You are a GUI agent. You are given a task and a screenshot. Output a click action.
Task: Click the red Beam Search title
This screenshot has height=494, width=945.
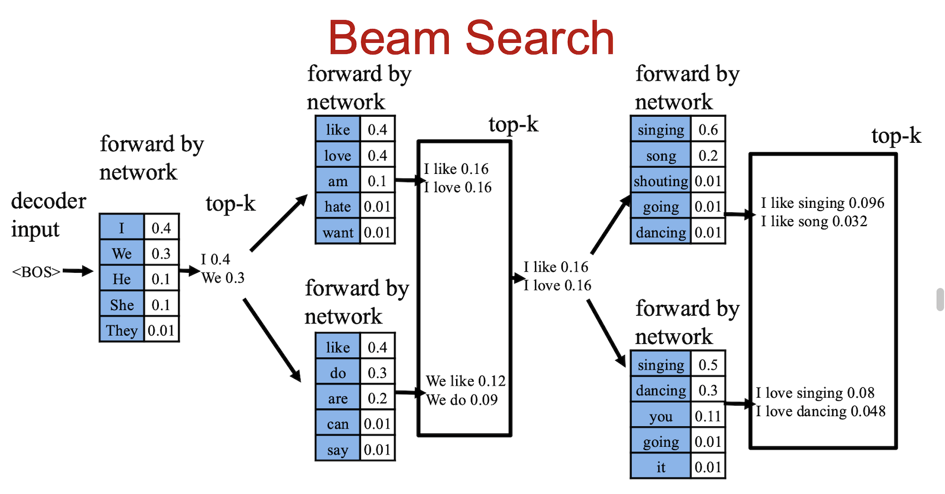pyautogui.click(x=471, y=38)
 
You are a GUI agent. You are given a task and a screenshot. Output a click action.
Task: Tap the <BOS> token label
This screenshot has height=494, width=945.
pyautogui.click(x=36, y=272)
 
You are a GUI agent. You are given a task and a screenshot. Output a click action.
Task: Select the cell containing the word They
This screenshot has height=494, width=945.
pyautogui.click(x=122, y=330)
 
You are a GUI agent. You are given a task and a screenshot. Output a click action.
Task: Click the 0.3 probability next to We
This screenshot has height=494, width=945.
pyautogui.click(x=161, y=253)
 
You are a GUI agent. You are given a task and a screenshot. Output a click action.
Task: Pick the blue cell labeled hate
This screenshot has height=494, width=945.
pyautogui.click(x=338, y=207)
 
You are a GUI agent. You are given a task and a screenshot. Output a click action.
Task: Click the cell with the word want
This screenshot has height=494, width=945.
pyautogui.click(x=338, y=232)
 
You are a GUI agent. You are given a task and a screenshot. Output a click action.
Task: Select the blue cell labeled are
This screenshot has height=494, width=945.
pyautogui.click(x=338, y=398)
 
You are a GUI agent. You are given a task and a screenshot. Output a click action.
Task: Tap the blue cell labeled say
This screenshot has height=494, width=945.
pyautogui.click(x=338, y=450)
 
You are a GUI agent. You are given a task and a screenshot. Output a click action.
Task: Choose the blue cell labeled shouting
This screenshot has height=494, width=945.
pyautogui.click(x=661, y=181)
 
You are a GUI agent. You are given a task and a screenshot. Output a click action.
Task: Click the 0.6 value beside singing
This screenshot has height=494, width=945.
pyautogui.click(x=708, y=129)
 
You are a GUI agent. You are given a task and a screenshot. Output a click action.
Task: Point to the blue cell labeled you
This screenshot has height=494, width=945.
pyautogui.click(x=661, y=416)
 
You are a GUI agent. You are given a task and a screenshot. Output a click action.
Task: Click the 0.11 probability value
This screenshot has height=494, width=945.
pyautogui.click(x=708, y=416)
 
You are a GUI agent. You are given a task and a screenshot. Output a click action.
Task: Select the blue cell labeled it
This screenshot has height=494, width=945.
pyautogui.click(x=661, y=467)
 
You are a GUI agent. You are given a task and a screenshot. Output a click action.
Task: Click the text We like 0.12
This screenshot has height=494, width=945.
pyautogui.click(x=466, y=381)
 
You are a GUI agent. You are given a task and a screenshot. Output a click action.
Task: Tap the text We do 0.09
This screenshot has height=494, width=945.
pyautogui.click(x=462, y=400)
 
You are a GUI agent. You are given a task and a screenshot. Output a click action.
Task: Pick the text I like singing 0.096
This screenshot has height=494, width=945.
pyautogui.click(x=822, y=203)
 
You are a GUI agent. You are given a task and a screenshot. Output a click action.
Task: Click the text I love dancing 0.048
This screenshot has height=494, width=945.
pyautogui.click(x=821, y=411)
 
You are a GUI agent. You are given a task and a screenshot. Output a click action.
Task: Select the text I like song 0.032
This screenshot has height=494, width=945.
pyautogui.click(x=814, y=221)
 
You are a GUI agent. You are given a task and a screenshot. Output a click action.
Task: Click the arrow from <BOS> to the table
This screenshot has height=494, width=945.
pyautogui.click(x=78, y=271)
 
